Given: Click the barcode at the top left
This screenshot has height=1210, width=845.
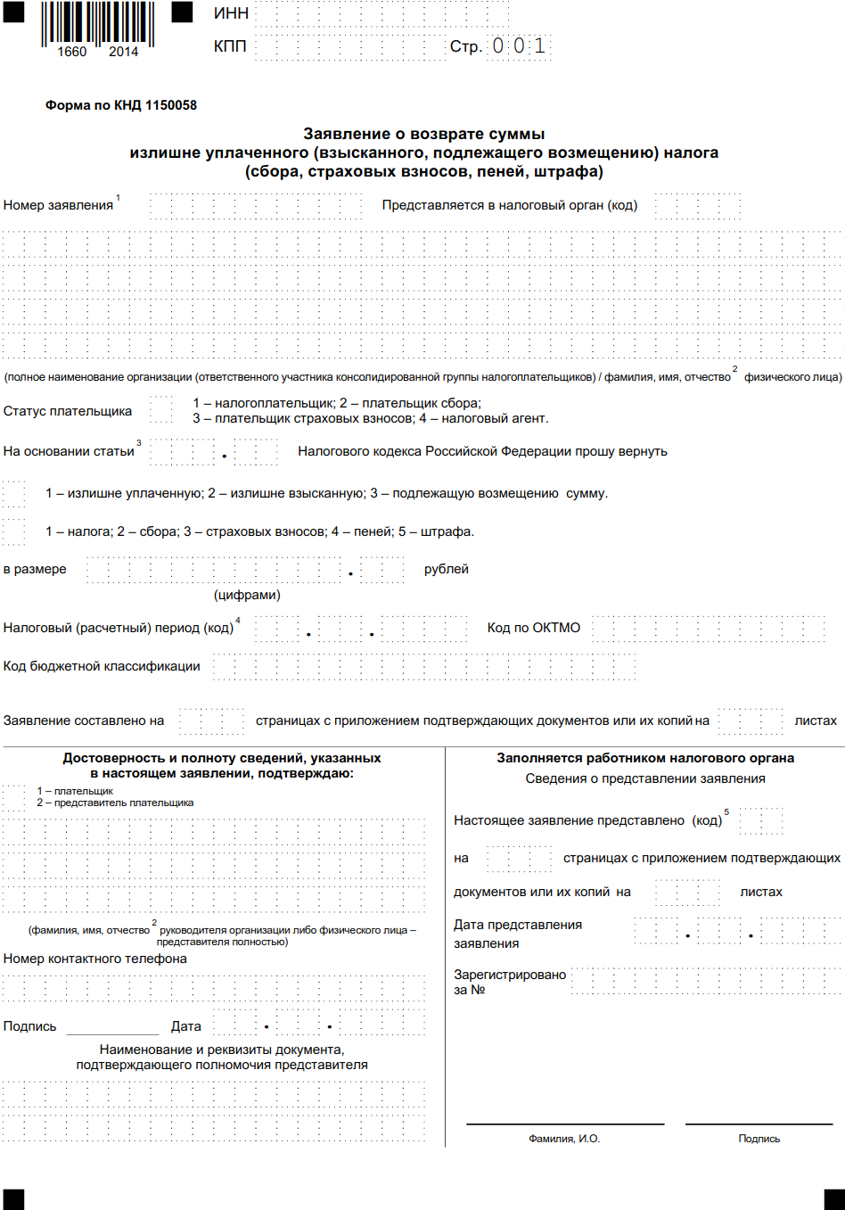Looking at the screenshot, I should [97, 24].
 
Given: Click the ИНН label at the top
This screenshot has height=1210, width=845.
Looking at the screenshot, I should [231, 13].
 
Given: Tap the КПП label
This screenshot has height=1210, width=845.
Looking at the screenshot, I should [230, 45].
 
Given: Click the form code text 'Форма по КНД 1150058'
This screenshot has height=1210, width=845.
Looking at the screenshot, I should [121, 105].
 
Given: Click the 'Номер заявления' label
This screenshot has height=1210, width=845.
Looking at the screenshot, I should [58, 205].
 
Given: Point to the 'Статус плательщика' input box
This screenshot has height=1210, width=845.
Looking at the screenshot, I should [161, 411].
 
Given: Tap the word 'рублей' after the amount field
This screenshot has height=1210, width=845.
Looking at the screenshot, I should [446, 569].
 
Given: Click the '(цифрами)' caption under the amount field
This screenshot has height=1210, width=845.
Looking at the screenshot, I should [247, 595].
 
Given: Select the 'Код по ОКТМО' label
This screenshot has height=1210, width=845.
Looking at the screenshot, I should [533, 628].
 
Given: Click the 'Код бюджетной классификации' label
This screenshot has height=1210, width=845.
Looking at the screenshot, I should [102, 666].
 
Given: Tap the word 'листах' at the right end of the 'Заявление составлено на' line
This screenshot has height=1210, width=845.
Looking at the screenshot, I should [816, 720].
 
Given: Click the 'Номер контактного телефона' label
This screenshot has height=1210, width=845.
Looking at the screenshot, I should [95, 959].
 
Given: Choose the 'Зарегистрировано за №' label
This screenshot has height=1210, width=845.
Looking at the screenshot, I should [509, 982].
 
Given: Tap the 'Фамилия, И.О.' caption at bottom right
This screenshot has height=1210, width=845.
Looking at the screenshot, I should [564, 1139].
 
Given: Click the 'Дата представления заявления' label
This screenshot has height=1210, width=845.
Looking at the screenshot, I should [517, 934].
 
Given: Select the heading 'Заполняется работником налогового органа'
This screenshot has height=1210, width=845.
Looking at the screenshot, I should [645, 758].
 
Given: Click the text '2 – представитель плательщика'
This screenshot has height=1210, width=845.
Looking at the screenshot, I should [115, 803].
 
